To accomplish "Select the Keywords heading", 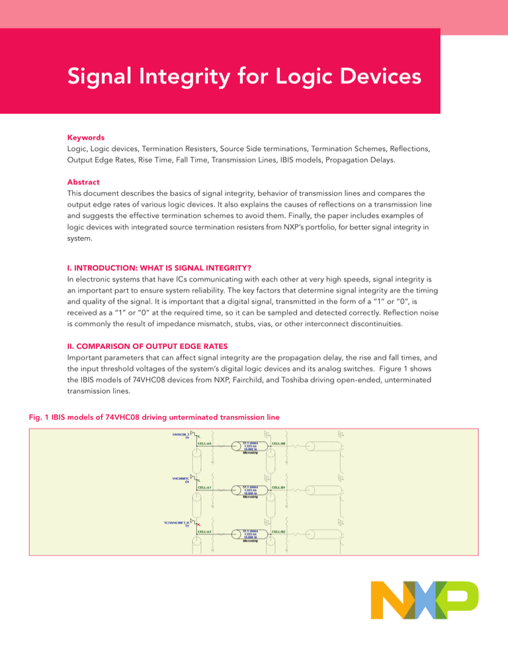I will click(x=85, y=138).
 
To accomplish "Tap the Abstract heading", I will click(x=83, y=181).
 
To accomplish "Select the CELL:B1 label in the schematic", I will click(x=278, y=487).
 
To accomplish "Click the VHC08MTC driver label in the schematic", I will click(x=180, y=479).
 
